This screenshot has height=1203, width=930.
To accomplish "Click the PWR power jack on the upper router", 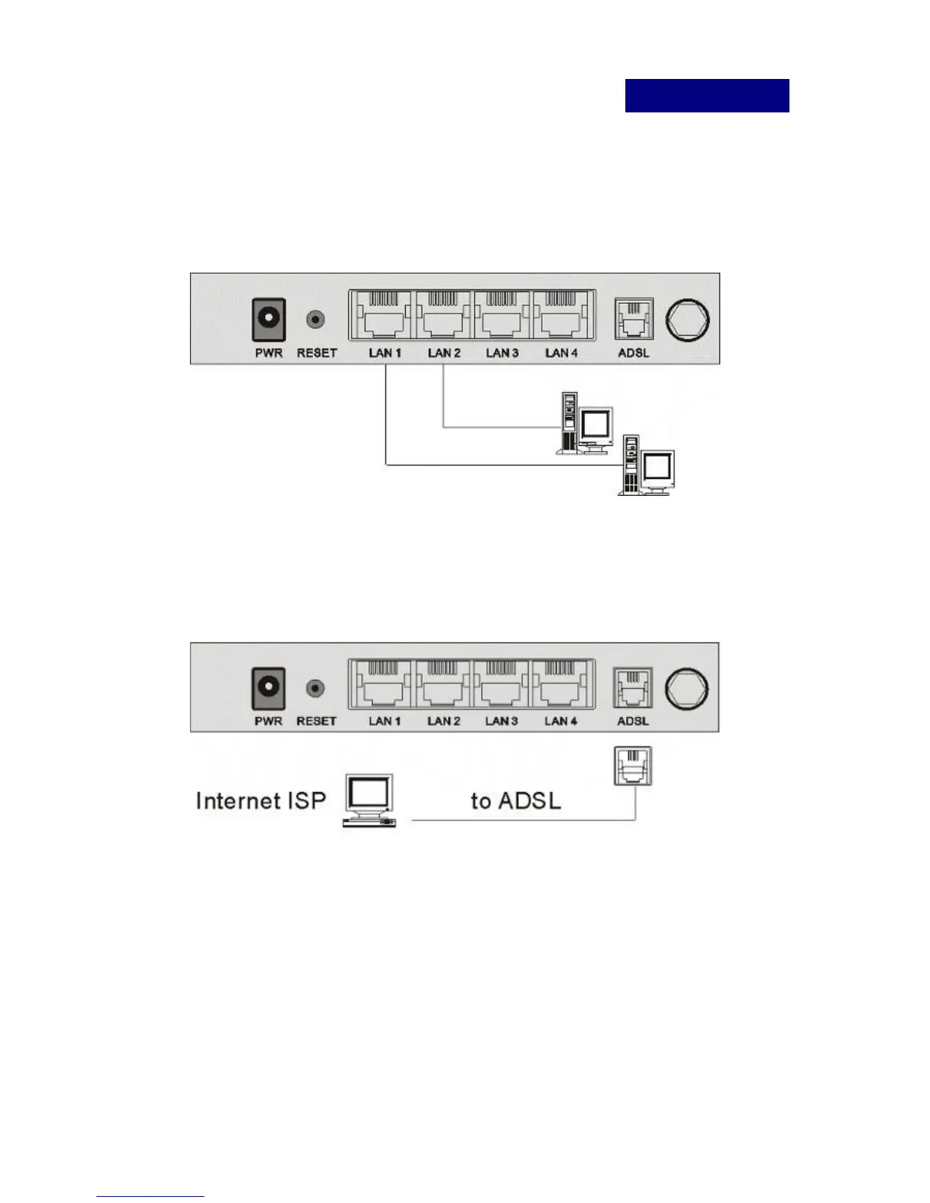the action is point(269,319).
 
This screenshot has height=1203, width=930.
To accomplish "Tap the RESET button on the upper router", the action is point(316,319).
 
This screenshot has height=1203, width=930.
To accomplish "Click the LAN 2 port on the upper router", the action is point(443,316).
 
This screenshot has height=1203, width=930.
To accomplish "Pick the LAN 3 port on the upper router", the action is point(502,316).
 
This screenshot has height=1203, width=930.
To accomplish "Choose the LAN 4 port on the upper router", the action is point(561,316).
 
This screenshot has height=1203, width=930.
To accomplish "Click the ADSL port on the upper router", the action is point(634,318).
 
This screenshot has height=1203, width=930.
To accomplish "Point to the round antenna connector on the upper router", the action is point(688,318).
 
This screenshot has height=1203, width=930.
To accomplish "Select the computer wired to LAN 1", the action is point(647,466).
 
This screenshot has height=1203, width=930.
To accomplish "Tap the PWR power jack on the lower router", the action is point(268,688).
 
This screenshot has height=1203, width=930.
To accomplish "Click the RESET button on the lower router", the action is point(316,688).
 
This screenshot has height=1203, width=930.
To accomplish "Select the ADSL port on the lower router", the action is point(633,687).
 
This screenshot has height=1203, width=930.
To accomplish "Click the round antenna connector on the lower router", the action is point(687,688).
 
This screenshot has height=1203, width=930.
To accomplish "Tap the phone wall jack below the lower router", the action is point(632,766).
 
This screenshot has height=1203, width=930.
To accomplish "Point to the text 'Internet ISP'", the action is point(261,800).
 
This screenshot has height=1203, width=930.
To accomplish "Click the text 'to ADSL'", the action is point(516,800).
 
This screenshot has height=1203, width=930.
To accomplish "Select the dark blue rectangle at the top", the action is point(707,96).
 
